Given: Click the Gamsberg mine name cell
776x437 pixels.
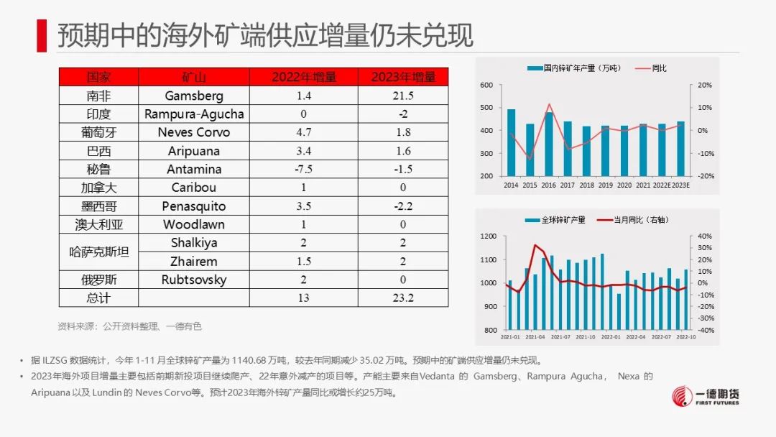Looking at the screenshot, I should pos(194,96).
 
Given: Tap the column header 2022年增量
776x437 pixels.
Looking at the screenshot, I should pos(303,77).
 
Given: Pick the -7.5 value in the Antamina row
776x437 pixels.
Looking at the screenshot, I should pos(303,170).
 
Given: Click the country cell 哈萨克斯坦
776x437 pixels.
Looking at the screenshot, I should pos(98,252).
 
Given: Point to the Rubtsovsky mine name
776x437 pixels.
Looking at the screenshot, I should pos(194,280).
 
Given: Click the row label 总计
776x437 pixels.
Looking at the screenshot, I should pos(98,298).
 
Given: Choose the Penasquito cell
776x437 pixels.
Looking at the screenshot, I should pos(194,206).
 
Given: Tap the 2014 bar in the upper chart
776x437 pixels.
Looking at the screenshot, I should pos(511,142).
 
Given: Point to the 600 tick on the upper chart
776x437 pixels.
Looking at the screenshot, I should pos(486,86).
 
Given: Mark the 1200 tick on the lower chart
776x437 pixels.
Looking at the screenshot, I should pos(488,236).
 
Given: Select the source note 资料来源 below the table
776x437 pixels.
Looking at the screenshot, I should pos(130,326).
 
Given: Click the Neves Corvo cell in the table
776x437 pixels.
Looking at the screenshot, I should pos(194,132).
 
